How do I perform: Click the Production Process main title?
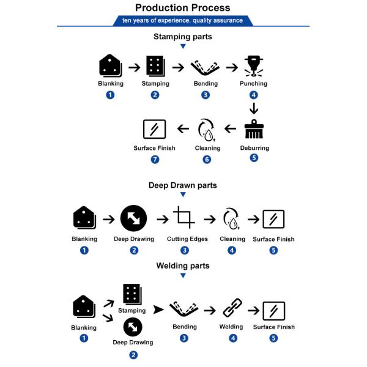coord(183,8)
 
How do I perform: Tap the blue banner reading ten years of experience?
coord(183,21)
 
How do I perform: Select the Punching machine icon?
coord(254,66)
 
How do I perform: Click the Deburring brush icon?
coord(254,129)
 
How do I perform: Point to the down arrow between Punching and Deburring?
coord(254,108)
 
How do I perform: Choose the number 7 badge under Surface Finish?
coord(155,160)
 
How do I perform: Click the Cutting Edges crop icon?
coord(184,217)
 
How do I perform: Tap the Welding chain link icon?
coord(232,308)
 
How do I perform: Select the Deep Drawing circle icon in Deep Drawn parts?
coord(133,218)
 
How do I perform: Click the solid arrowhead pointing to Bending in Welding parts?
coord(158,310)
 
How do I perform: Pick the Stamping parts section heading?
coord(183,37)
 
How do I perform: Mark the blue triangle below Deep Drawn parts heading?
coord(183,195)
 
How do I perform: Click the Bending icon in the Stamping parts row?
coord(205,68)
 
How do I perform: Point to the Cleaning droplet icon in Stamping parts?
coord(207,130)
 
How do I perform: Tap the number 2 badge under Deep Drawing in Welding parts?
coord(133,355)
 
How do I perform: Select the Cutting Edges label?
coord(187,239)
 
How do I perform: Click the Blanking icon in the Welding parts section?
coord(84,306)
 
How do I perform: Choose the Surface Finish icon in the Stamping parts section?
coord(155,129)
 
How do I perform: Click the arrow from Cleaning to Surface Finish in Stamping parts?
coord(183,128)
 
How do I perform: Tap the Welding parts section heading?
coord(183,265)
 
